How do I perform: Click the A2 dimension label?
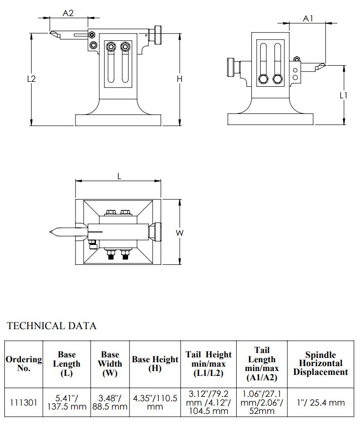68,13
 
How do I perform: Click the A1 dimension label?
308,19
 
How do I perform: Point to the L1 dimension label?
343,95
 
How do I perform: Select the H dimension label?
179,79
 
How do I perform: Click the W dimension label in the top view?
179,233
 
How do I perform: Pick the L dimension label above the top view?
119,177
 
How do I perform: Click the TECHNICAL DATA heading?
51,326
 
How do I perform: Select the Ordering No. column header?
24,364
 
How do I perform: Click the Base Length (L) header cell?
66,364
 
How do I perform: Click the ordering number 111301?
23,402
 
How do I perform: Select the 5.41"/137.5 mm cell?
66,402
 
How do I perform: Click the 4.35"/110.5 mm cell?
154,402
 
